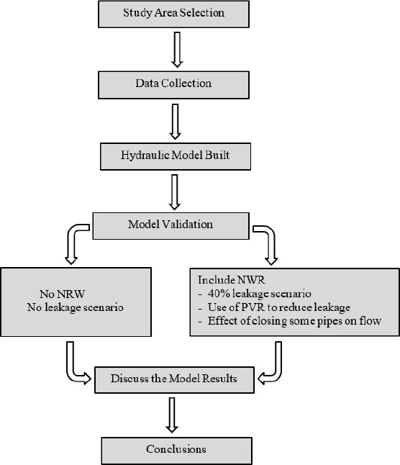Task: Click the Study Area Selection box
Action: (173, 14)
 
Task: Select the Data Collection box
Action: (173, 85)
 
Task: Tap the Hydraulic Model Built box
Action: (176, 157)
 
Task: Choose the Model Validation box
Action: (171, 226)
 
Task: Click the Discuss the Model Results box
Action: (174, 380)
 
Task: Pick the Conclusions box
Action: (176, 451)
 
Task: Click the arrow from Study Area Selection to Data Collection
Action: (177, 50)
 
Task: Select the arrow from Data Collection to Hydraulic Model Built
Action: (175, 122)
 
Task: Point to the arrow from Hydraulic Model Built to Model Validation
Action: (175, 192)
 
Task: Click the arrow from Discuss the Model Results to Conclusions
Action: (172, 415)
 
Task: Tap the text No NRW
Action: (62, 294)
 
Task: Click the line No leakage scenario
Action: (76, 307)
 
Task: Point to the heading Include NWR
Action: (232, 280)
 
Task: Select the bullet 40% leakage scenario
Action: (255, 294)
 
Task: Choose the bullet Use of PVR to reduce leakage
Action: (274, 307)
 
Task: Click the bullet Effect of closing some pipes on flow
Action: (290, 321)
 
